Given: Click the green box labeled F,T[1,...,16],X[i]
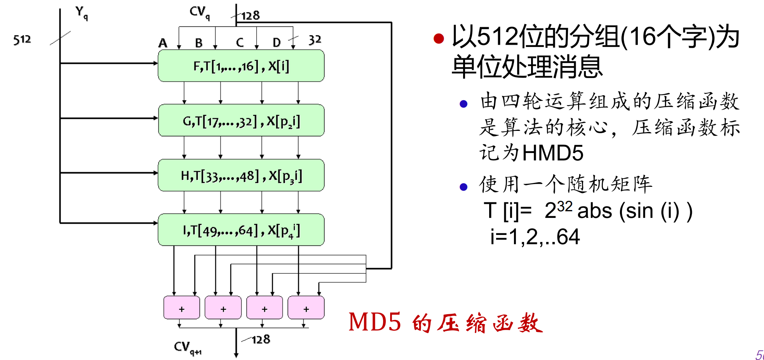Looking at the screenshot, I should tap(241, 66).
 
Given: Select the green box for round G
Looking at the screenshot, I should tap(241, 121).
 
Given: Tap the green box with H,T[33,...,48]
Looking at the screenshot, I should tap(241, 176).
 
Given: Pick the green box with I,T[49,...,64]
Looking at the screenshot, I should tap(241, 230).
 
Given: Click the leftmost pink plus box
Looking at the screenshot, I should tap(182, 308).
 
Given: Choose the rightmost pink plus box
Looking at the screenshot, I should tap(306, 308).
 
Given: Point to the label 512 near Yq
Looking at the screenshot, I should tap(22, 40).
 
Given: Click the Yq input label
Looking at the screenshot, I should tap(82, 13).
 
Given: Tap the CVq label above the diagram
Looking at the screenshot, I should tap(200, 12).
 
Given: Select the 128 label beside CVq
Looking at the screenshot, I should tap(250, 16).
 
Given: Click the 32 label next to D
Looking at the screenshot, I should tap(315, 40).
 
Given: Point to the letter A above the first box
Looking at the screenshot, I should tap(163, 43).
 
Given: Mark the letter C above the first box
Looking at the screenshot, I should tap(240, 42).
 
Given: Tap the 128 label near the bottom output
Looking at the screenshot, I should tap(260, 340).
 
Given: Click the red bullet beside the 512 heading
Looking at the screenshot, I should tap(439, 38).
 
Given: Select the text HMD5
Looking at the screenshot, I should tap(553, 153).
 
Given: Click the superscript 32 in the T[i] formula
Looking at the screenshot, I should tap(565, 206).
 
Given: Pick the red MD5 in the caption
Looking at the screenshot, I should tap(374, 322).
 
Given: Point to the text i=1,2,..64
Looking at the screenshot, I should tap(535, 237).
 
